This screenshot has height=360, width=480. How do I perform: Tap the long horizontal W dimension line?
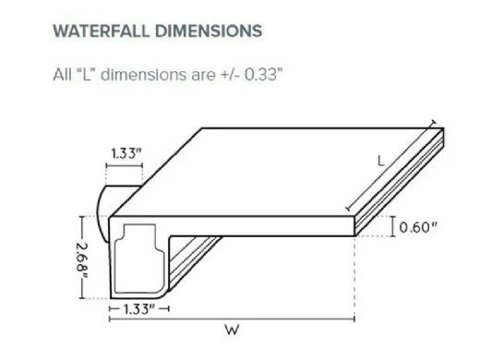coord(232,319)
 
